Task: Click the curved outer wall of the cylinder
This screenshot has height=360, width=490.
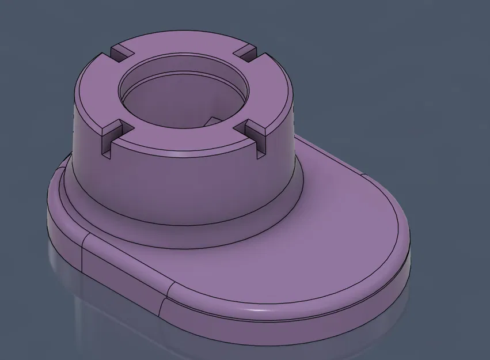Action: click(x=184, y=184)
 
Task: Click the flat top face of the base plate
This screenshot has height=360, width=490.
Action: click(x=322, y=230)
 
